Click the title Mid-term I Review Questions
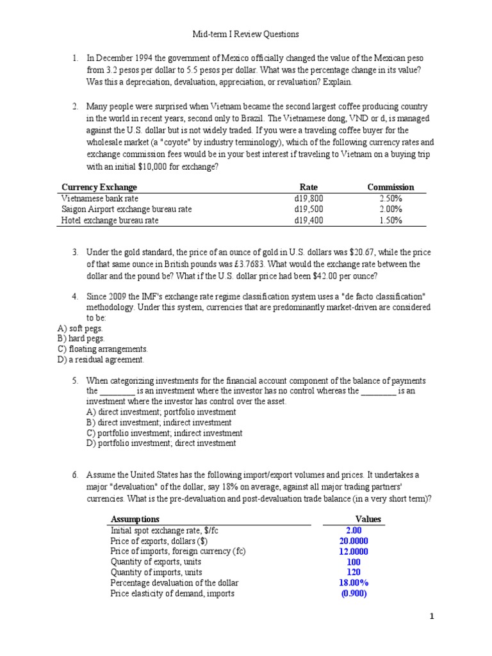click(x=246, y=33)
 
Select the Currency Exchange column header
click(x=99, y=187)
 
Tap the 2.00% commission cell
click(x=390, y=209)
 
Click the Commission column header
click(x=390, y=187)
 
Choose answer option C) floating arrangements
click(x=102, y=349)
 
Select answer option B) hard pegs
click(x=81, y=338)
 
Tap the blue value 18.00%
click(x=353, y=582)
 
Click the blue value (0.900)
click(x=353, y=593)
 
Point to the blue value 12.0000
click(x=353, y=551)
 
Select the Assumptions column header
click(x=135, y=519)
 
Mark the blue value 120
click(x=353, y=572)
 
